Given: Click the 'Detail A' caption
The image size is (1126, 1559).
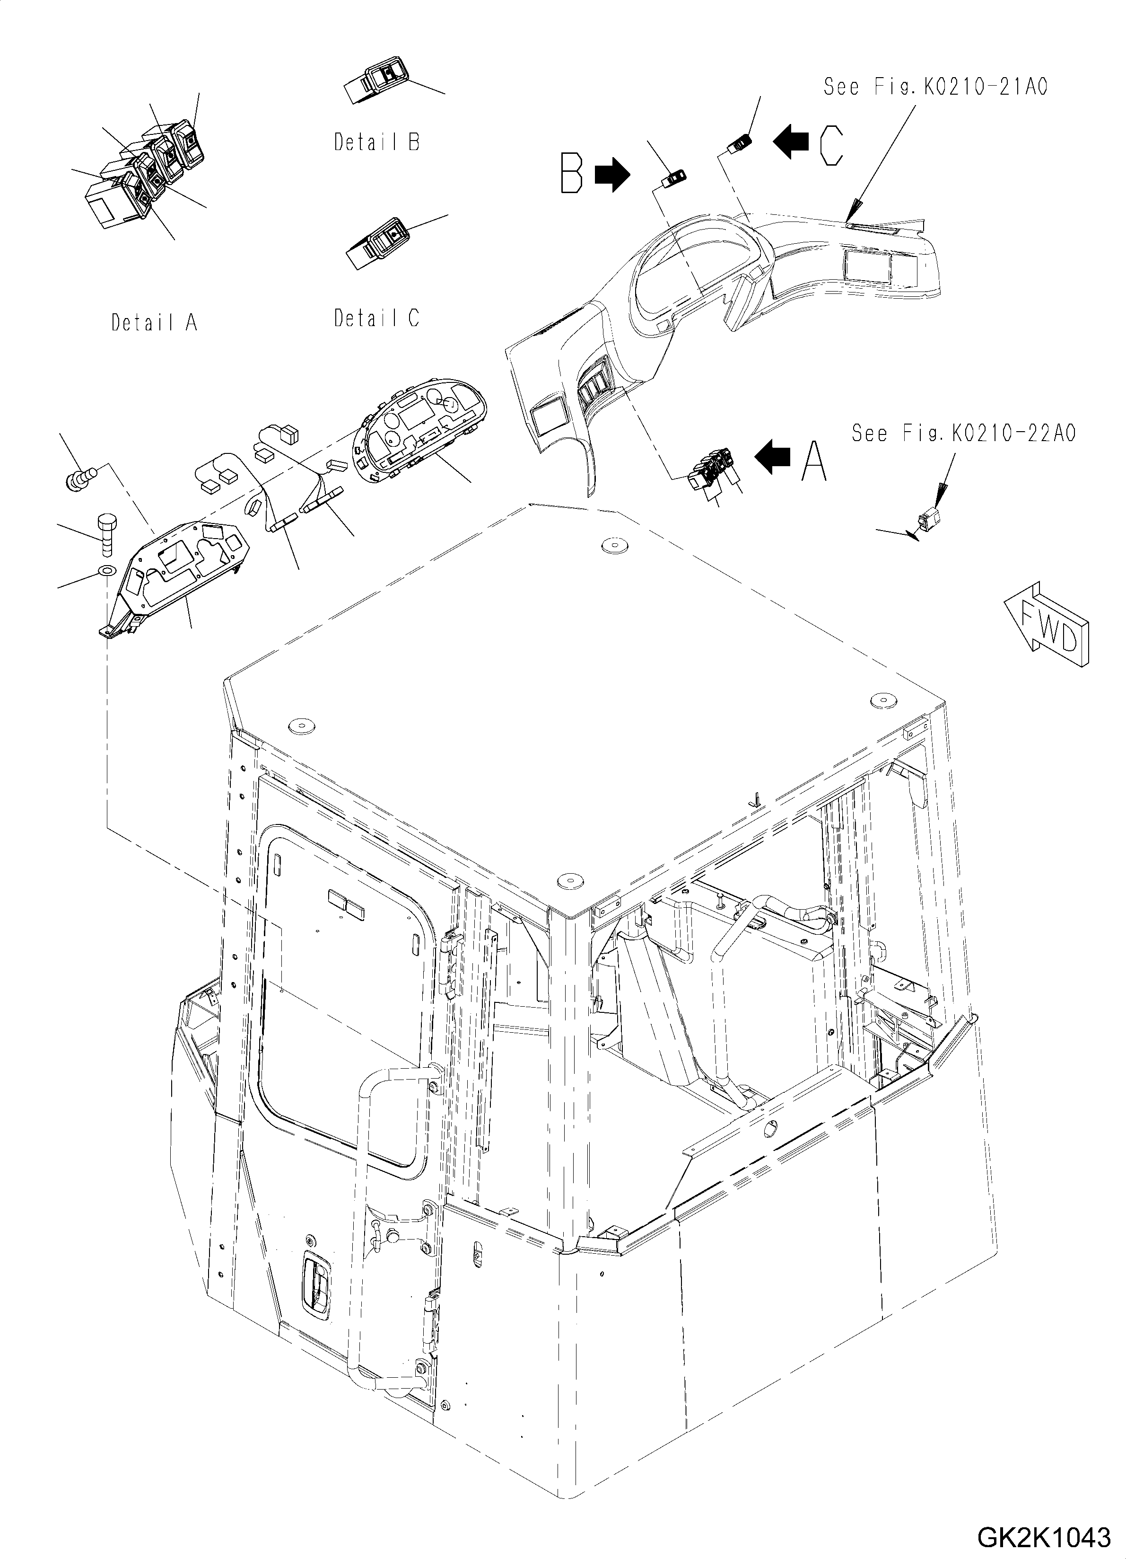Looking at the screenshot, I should [155, 322].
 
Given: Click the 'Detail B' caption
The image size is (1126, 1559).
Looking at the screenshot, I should [376, 142].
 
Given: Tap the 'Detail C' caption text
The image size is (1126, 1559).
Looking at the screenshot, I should [376, 318].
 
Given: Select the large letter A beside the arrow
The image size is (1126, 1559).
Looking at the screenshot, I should [814, 460].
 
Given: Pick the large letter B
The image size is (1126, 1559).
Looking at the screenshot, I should [572, 174].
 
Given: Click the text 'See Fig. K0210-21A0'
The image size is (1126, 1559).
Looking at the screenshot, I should [935, 87].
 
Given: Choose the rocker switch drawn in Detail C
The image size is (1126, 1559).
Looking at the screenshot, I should [380, 245].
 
